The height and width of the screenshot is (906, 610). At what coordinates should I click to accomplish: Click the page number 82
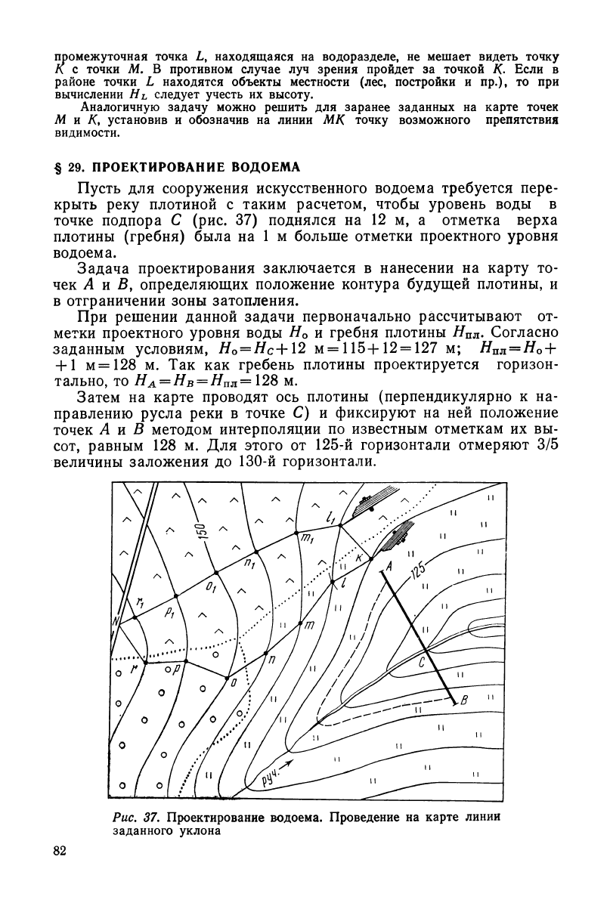pos(62,852)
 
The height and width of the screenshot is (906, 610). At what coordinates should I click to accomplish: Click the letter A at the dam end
pos(388,565)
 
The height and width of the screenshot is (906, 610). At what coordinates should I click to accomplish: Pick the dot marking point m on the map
pos(301,624)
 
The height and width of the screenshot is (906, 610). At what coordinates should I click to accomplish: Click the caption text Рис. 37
pos(133,818)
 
